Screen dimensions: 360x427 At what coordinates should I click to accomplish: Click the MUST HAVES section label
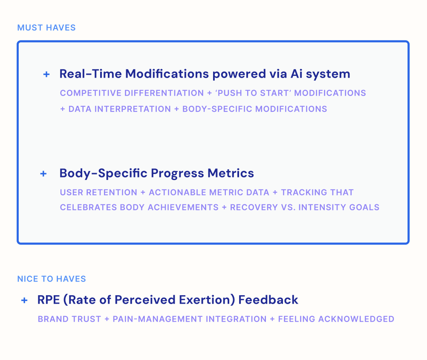coord(46,28)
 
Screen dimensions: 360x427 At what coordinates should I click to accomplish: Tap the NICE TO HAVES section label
coord(52,279)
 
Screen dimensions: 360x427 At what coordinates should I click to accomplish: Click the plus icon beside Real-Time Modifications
coord(46,74)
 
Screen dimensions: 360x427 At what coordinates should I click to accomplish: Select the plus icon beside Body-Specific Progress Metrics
coord(43,174)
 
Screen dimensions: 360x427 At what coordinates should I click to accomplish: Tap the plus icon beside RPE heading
coord(24,300)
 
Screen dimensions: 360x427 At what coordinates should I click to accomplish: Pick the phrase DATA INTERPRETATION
coord(119,109)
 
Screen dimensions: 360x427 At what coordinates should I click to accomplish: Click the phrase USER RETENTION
coord(98,192)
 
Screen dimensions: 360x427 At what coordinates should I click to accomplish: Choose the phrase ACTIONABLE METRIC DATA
coord(209,192)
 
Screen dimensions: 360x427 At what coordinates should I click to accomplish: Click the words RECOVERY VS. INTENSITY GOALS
coord(305,208)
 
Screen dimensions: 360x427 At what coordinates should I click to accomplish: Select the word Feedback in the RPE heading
coord(268,300)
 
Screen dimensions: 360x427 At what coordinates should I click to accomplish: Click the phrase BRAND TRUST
coord(69,319)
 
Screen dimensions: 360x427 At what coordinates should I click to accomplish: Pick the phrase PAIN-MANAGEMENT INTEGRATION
coord(190,319)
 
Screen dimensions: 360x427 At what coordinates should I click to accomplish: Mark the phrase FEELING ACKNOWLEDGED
coord(336,319)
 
